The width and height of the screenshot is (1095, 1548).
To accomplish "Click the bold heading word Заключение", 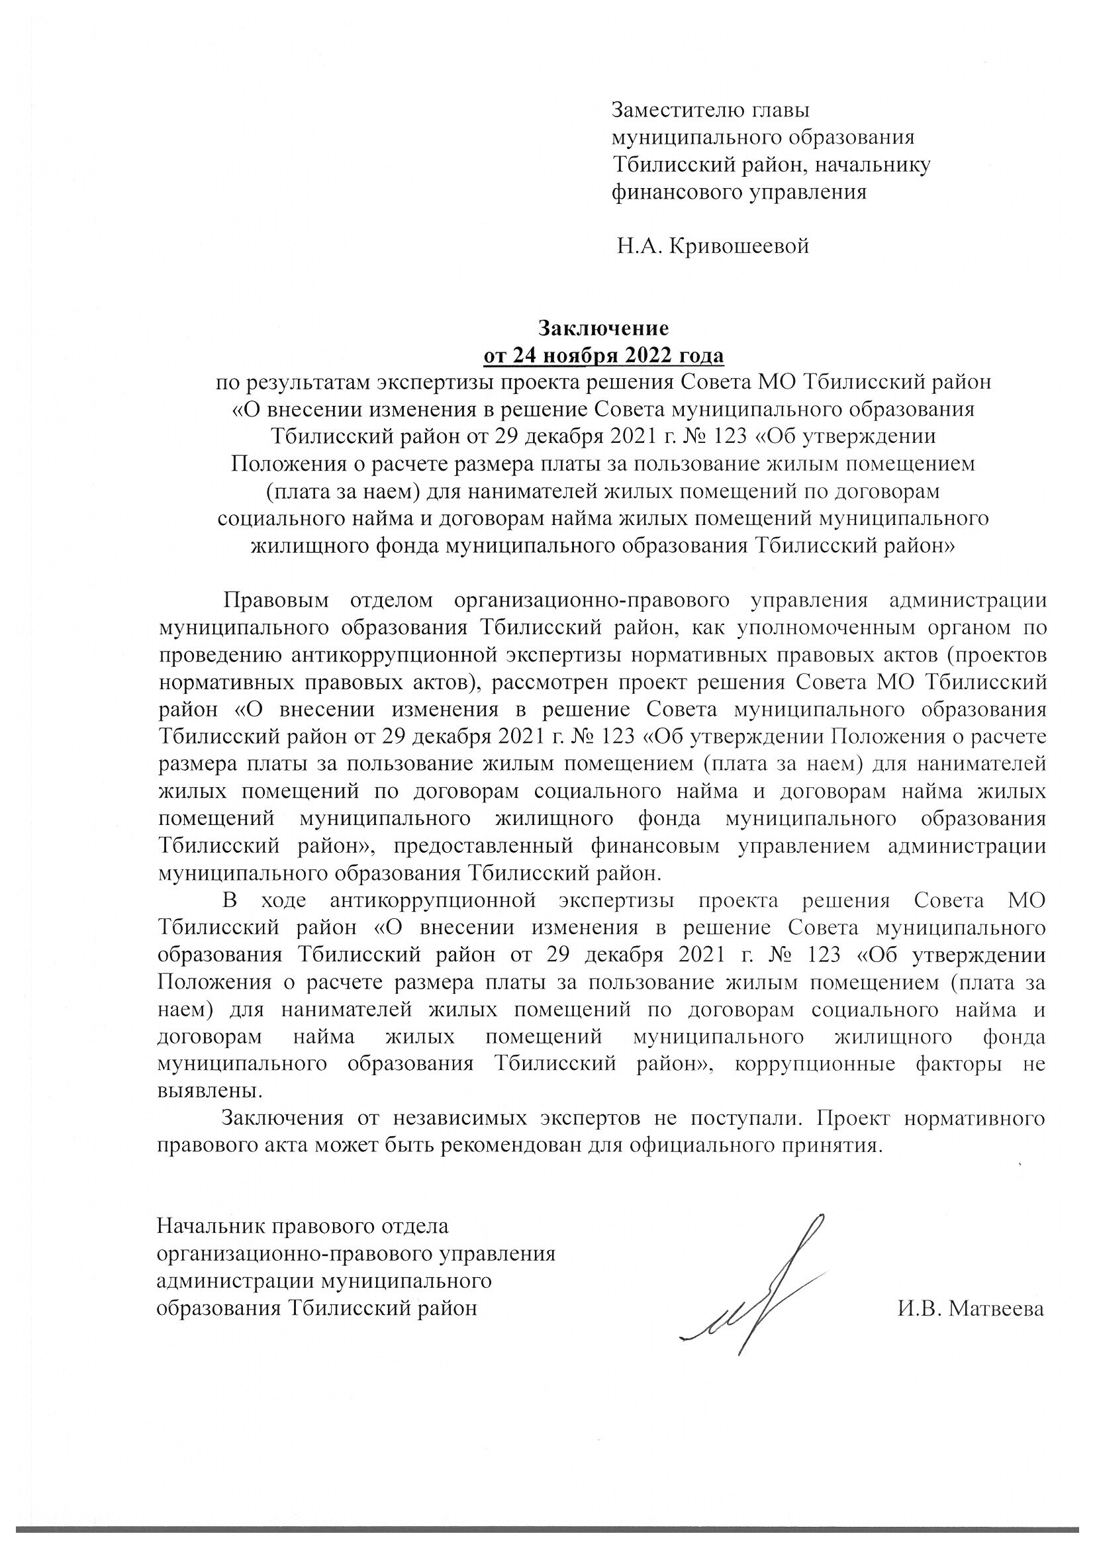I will coord(603,328).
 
